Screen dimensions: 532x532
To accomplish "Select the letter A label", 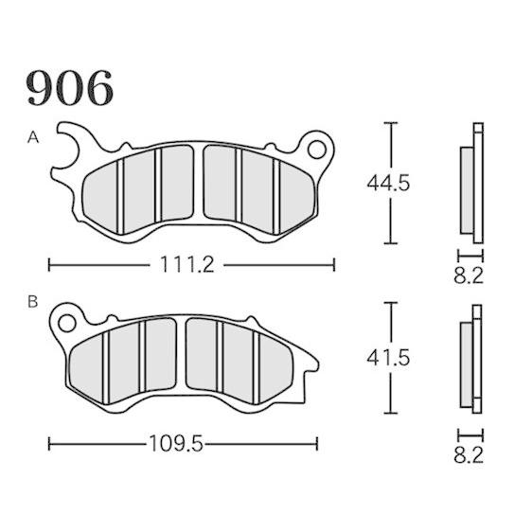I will [x=32, y=138].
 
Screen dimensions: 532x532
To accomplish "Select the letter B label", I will [x=32, y=303].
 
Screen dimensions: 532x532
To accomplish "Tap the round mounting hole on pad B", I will [x=67, y=323].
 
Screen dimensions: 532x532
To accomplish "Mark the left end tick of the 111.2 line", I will [x=48, y=265].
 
